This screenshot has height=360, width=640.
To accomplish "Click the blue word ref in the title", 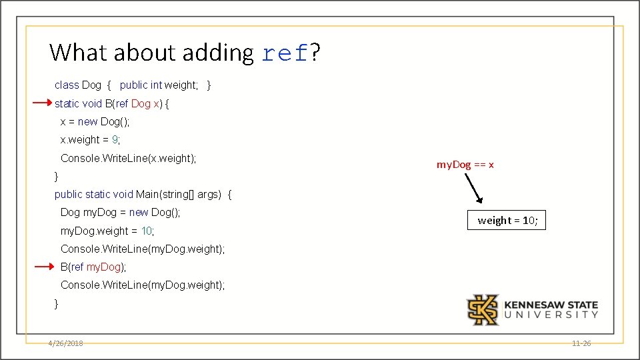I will tap(285, 53).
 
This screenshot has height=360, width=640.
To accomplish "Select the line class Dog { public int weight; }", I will tap(133, 85).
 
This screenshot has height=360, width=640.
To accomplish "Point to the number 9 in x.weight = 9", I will tap(115, 140).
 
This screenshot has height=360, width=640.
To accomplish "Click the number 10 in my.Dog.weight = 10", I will tap(147, 231).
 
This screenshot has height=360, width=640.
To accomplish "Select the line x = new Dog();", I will tap(95, 121).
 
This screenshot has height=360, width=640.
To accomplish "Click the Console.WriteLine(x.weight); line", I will tap(129, 158).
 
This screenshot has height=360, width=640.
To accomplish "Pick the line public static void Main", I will tap(143, 194).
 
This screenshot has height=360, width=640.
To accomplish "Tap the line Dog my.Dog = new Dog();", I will tap(120, 212).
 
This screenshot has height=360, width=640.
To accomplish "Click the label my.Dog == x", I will tap(465, 164).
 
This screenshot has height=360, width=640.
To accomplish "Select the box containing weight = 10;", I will tap(507, 221).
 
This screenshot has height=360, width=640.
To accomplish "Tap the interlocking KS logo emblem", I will tap(482, 309).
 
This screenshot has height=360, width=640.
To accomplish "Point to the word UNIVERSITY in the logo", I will tap(551, 315).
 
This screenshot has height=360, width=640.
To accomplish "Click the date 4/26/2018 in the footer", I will tap(65, 343).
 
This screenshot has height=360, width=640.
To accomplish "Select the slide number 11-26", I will tap(581, 343).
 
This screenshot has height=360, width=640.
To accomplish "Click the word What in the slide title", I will tap(79, 52).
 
